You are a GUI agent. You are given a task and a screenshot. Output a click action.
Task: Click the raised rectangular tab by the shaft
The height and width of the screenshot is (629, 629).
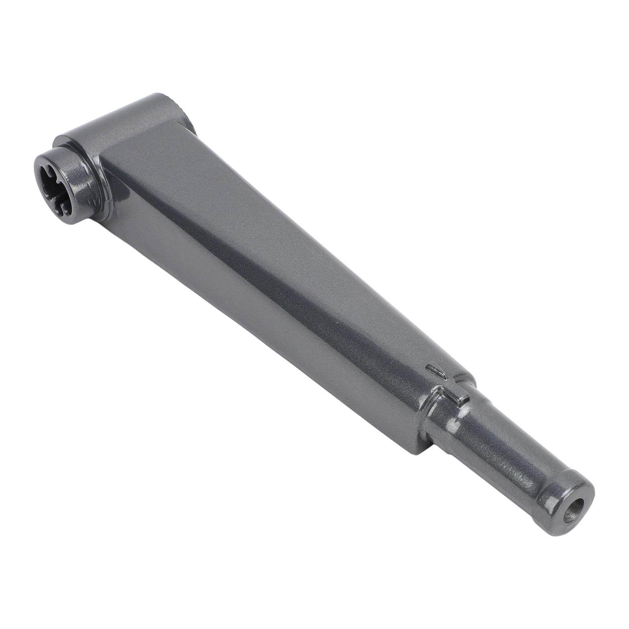point(456,397)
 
